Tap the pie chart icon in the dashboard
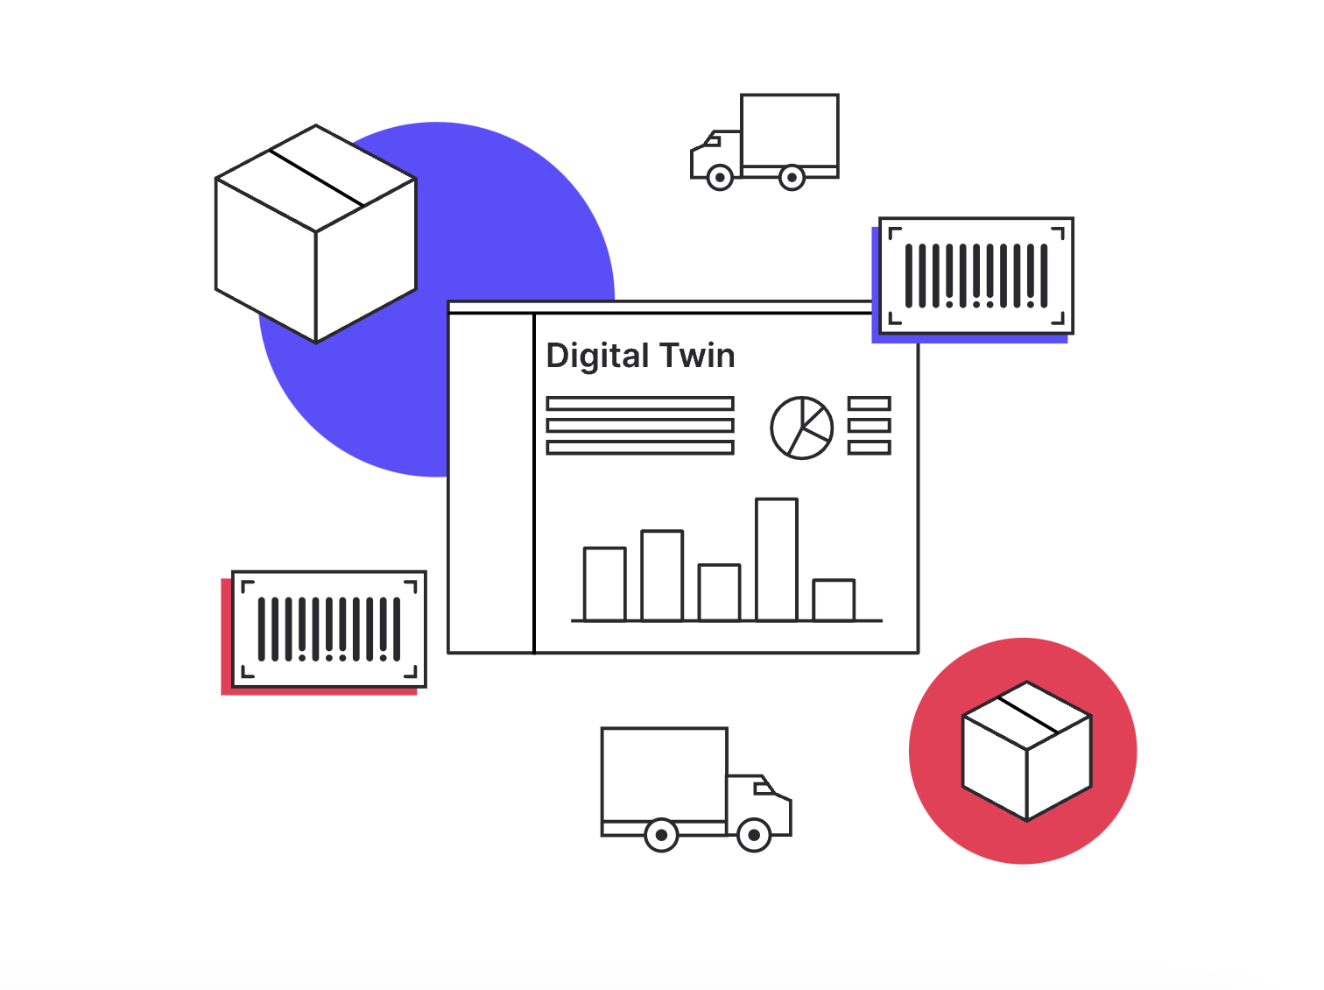(x=801, y=428)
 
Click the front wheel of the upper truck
(x=720, y=178)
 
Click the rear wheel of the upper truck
(x=792, y=178)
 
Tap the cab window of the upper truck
(x=713, y=140)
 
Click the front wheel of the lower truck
(x=754, y=835)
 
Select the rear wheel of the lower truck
(x=661, y=835)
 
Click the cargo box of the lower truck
(x=664, y=774)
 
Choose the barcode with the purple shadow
(x=976, y=276)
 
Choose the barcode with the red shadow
(x=328, y=629)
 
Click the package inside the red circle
(x=1026, y=751)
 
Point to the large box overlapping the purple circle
(x=315, y=234)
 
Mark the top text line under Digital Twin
(x=639, y=404)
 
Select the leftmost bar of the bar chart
(x=605, y=583)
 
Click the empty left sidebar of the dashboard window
(x=490, y=482)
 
